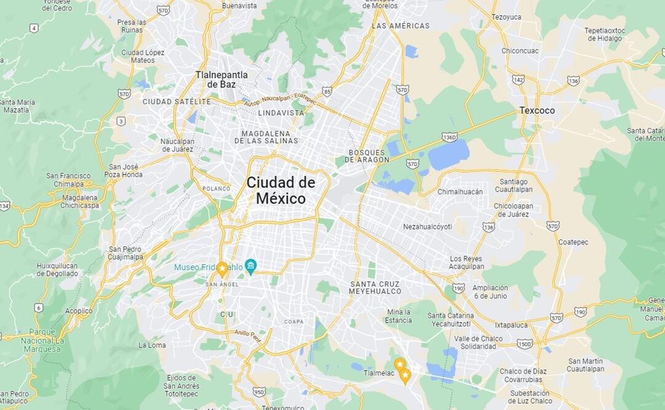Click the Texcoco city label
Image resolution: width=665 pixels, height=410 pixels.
click(x=536, y=111)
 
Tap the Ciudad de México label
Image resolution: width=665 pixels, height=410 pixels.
click(x=281, y=190)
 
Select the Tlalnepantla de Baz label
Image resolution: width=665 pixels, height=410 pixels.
click(x=221, y=79)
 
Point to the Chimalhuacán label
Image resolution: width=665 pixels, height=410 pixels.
click(x=460, y=192)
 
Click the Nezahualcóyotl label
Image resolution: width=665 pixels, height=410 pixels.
click(x=428, y=227)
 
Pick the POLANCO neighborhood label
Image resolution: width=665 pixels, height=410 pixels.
click(x=216, y=188)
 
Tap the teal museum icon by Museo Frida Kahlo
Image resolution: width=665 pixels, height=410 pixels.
click(x=250, y=267)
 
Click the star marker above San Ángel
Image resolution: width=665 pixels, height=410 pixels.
click(x=222, y=268)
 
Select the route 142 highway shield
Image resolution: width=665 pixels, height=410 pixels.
click(x=518, y=79)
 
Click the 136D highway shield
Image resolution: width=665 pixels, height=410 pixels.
click(x=449, y=137)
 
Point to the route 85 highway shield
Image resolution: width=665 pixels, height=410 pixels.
click(x=327, y=92)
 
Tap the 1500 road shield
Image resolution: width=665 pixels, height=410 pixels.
click(x=525, y=344)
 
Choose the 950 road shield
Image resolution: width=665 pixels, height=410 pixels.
click(x=259, y=391)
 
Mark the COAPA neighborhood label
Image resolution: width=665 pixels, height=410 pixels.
click(x=293, y=321)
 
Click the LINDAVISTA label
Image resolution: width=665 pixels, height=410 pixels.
click(x=281, y=113)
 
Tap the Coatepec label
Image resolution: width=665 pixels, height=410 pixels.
click(x=573, y=242)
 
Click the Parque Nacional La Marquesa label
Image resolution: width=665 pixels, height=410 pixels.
click(x=42, y=340)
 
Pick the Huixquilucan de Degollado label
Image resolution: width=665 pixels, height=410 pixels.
click(x=57, y=270)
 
